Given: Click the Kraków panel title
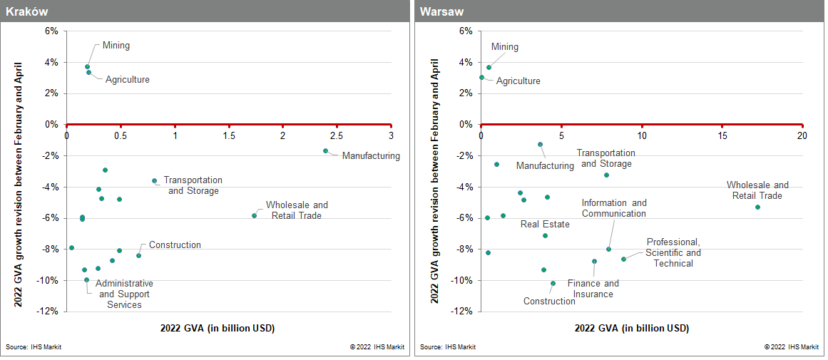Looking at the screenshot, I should [24, 11].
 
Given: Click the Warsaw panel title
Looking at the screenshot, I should [439, 11].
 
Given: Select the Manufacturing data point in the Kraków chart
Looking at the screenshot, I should [325, 150].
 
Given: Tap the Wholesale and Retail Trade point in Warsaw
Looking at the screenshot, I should [757, 207].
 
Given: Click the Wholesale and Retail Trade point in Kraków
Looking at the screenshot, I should [254, 215].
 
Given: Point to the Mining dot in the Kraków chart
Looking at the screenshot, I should [87, 66].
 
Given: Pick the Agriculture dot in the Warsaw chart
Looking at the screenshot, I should [481, 78].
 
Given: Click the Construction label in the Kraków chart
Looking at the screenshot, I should [175, 245].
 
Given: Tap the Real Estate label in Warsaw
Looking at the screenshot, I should [545, 224].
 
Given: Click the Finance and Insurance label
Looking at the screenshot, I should [593, 289].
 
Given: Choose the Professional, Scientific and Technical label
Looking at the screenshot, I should [673, 252].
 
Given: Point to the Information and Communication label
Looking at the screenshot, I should [613, 208].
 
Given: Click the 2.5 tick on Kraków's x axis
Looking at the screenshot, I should [337, 135].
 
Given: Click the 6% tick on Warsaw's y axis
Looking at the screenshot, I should [465, 31].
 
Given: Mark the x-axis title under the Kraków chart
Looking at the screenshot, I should [218, 328].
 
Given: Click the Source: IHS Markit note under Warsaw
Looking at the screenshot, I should [448, 347].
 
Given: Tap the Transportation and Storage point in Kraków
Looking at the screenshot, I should [154, 181].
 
